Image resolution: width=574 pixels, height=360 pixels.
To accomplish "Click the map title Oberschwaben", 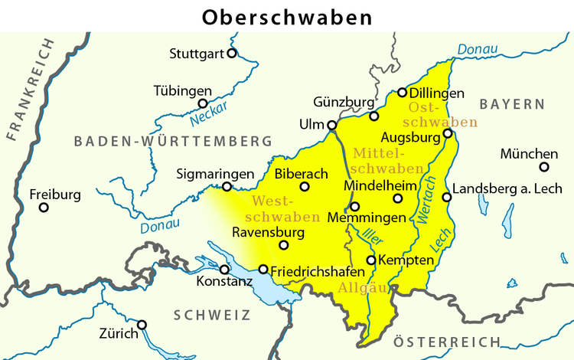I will coord(287,16).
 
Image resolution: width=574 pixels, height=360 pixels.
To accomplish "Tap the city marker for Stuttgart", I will coord(232,54).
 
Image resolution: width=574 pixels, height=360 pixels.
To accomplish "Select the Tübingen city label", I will coord(183,90).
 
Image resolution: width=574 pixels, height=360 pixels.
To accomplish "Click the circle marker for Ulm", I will coord(331,126).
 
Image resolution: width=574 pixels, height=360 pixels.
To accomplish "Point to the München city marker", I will coord(544,167).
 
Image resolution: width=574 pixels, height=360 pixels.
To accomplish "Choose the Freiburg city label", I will coord(54,195).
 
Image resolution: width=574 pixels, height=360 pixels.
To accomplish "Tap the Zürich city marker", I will coord(142,325).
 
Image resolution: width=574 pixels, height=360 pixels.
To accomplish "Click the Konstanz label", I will coord(224,282).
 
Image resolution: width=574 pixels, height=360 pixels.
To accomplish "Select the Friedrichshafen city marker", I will coord(263,270).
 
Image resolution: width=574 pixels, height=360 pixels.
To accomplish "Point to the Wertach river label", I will coord(426,201).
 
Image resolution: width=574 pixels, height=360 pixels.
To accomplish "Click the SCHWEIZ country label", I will coord(212,315).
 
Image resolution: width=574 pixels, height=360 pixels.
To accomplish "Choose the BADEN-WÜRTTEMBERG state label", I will coord(173,142).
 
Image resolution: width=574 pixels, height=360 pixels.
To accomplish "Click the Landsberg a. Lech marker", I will coord(447,198).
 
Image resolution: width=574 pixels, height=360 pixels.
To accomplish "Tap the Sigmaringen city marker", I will coord(227,187).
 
